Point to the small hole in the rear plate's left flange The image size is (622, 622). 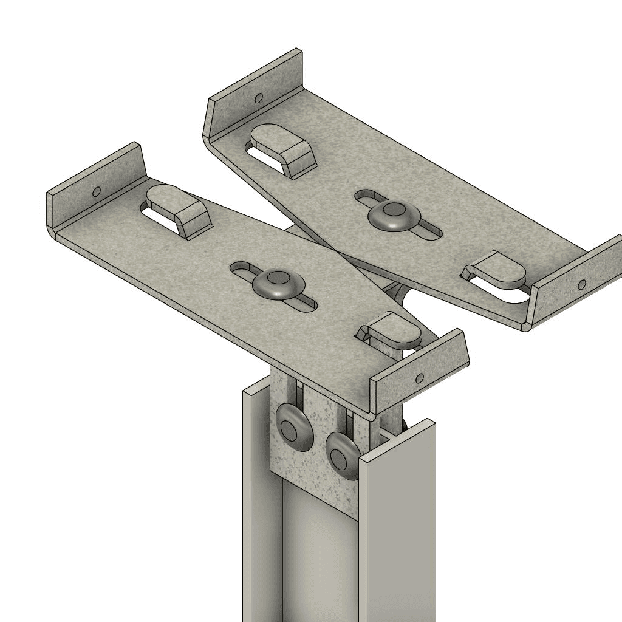tap(258, 97)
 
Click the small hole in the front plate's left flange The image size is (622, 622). tap(96, 192)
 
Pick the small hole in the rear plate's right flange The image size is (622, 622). tap(581, 284)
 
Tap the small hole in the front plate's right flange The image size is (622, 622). tap(419, 378)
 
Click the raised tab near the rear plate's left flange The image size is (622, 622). tap(284, 149)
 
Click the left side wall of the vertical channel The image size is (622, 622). tap(255, 516)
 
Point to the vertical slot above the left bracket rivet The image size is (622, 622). tap(295, 392)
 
